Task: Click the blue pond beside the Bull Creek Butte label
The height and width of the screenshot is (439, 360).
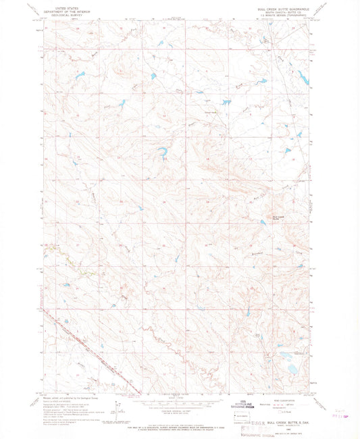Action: [261, 221]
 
